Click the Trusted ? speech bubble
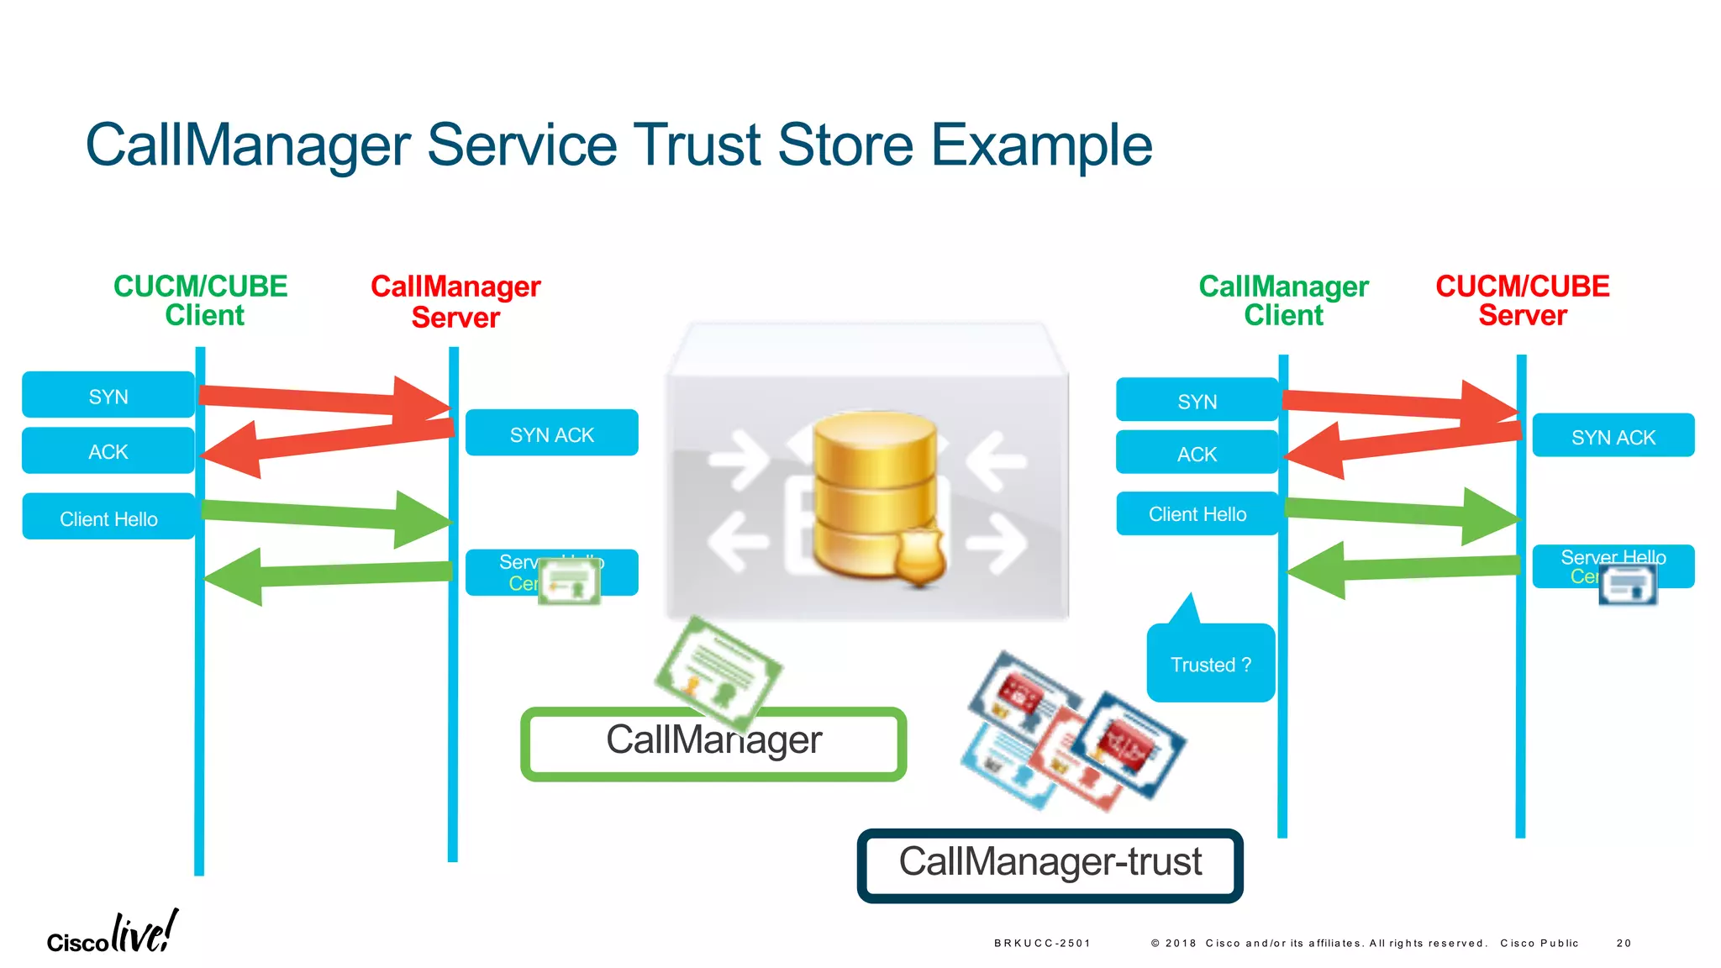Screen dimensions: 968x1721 coord(1210,664)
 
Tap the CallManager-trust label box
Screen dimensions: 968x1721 coord(1050,864)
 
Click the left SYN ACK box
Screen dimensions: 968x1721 coord(551,434)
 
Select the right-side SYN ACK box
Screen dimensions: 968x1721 coord(1613,436)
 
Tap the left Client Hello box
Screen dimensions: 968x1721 coord(108,518)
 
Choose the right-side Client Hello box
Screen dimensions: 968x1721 coord(1197,513)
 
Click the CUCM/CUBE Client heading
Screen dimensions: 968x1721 coord(201,300)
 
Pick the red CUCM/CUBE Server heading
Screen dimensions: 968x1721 coord(1522,300)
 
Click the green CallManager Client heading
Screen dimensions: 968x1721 coord(1283,300)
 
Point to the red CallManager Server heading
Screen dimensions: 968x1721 coord(455,302)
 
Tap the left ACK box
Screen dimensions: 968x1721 coord(108,451)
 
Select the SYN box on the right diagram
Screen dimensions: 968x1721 coord(1197,401)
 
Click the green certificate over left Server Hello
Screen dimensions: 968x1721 coord(569,581)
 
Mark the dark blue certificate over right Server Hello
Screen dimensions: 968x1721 coord(1628,584)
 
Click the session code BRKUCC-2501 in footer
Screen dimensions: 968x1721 coord(1041,943)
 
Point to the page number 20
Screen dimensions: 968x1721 coord(1623,943)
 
